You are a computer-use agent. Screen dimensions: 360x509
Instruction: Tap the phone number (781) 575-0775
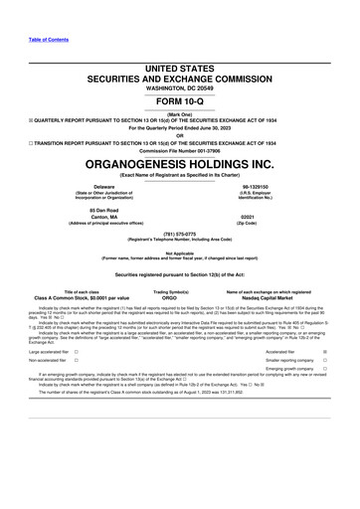coord(179,234)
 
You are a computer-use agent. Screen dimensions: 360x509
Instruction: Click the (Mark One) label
coord(179,112)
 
